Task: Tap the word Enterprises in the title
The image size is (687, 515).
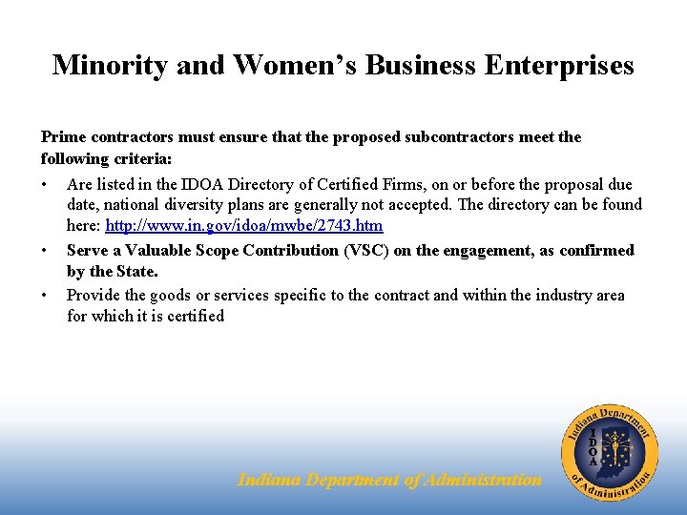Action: pyautogui.click(x=559, y=65)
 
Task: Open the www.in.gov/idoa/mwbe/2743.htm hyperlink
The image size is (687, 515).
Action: pyautogui.click(x=243, y=226)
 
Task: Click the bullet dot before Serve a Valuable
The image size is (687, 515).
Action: pyautogui.click(x=45, y=250)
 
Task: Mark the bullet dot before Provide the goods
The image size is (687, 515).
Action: pyautogui.click(x=45, y=295)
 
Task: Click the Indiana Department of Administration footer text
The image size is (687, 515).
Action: pyautogui.click(x=389, y=481)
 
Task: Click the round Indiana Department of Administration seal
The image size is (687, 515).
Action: pyautogui.click(x=609, y=450)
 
